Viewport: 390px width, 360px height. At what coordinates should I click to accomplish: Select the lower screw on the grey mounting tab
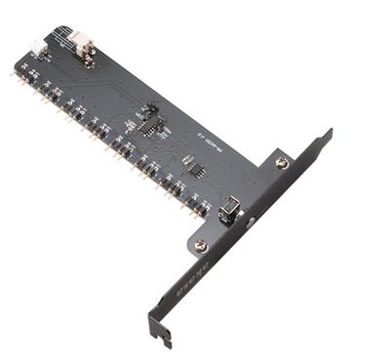click(x=201, y=245)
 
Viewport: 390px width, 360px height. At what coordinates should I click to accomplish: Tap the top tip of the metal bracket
click(x=328, y=131)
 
